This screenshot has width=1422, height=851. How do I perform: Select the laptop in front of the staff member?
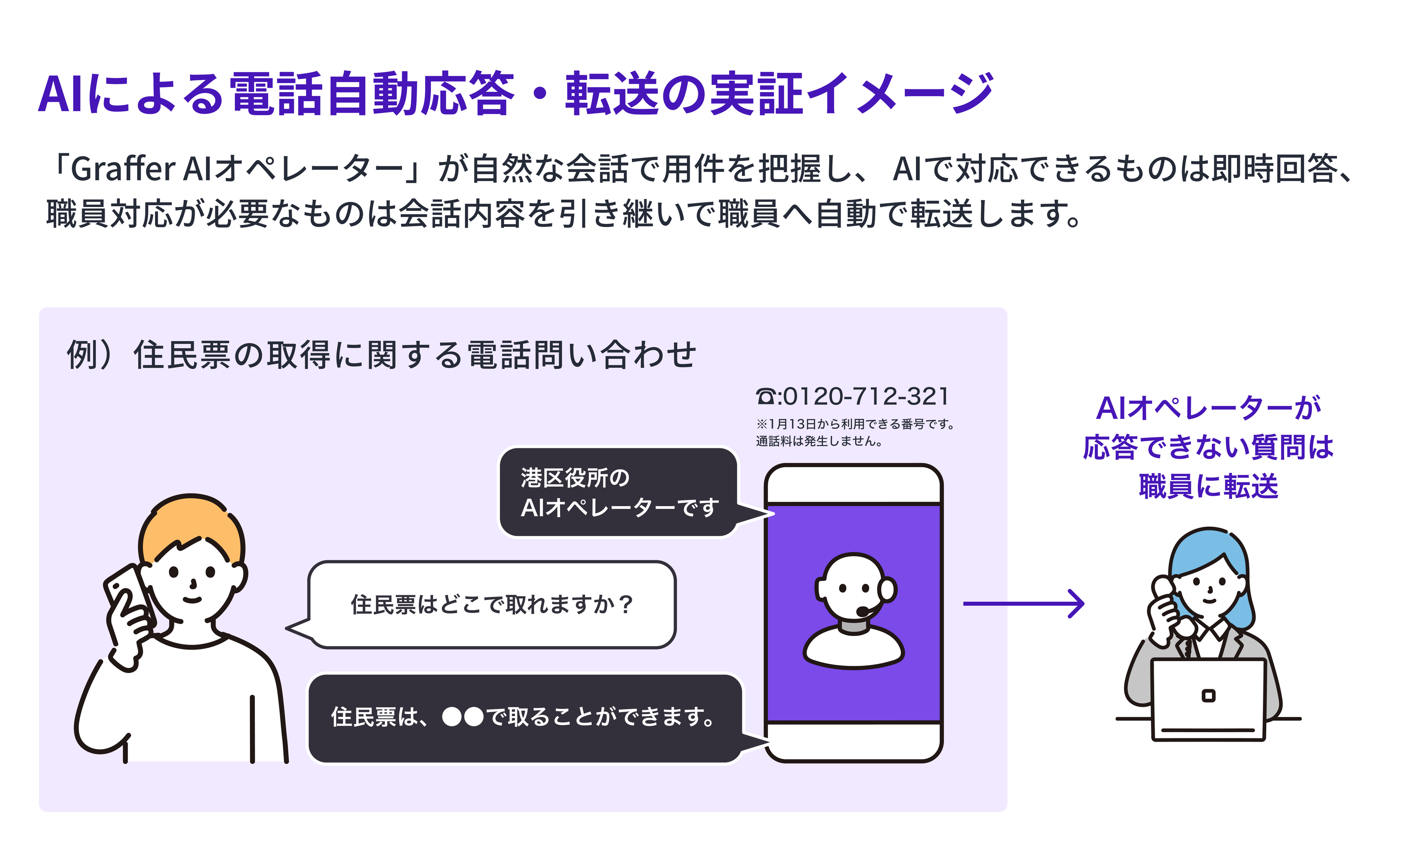pos(1209,700)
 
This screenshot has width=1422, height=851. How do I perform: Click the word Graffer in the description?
pos(123,169)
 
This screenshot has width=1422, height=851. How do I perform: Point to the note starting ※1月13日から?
pos(855,424)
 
